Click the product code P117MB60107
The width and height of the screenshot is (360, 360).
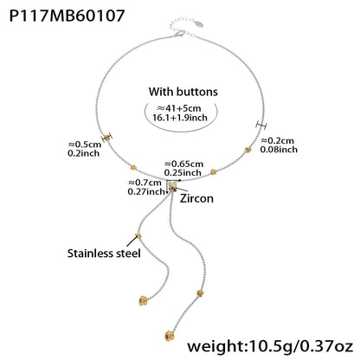(67, 16)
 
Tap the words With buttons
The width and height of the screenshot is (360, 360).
(183, 92)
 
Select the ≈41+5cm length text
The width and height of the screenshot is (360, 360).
(179, 108)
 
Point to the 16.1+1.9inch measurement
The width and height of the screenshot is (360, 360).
(180, 118)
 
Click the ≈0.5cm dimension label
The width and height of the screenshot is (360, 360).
(85, 144)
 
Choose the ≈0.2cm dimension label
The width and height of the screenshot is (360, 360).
(278, 140)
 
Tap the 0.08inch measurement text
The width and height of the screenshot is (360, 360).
(279, 150)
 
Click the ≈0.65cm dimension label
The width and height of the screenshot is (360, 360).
(183, 164)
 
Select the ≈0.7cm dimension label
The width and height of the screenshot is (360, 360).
(145, 183)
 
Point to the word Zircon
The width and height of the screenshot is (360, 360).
(196, 198)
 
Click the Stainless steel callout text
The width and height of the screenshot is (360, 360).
(104, 254)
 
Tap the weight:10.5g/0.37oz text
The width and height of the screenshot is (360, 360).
(270, 345)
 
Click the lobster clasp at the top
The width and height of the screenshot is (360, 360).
(179, 34)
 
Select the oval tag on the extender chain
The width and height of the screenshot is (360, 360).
(199, 24)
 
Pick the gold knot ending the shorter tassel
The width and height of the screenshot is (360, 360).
(143, 300)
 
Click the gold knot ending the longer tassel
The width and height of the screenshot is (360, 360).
(170, 336)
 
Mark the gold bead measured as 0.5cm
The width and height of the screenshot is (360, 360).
(107, 138)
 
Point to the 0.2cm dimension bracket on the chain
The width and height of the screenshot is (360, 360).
(261, 125)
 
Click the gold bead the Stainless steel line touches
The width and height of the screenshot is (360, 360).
(138, 236)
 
